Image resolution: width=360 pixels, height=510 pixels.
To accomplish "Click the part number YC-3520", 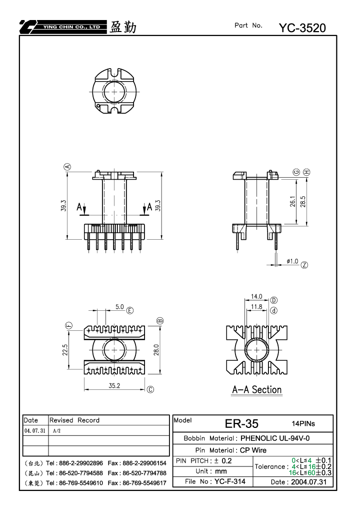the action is click(x=302, y=28).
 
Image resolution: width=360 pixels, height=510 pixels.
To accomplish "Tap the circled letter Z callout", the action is click(x=304, y=265).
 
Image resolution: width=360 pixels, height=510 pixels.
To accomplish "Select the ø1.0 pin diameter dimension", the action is click(x=292, y=261).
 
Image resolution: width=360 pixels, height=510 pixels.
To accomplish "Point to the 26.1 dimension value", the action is click(x=292, y=202).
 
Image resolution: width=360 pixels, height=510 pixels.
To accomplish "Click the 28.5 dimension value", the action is click(x=303, y=202).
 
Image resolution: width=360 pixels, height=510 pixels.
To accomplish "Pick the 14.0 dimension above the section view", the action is click(x=256, y=296).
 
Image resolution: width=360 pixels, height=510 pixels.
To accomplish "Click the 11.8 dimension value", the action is click(x=256, y=307).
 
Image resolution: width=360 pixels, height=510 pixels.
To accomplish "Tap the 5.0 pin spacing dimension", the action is click(x=119, y=307).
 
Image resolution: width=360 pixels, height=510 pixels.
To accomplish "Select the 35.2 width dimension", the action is click(x=114, y=386).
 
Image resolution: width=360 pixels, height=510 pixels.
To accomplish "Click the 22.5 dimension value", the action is click(x=65, y=350).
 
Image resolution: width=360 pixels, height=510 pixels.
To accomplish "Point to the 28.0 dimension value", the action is click(x=156, y=350).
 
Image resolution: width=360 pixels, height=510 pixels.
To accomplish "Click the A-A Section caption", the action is click(x=256, y=390).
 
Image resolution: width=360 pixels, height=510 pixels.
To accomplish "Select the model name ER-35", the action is click(x=241, y=424).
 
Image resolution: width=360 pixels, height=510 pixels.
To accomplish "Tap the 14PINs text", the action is click(x=303, y=423).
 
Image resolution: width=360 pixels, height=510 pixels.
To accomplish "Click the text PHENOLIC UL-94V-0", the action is click(x=275, y=438).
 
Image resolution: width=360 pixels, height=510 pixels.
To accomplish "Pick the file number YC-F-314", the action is click(x=229, y=481).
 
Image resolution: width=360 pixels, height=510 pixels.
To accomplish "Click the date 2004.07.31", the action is click(x=308, y=482).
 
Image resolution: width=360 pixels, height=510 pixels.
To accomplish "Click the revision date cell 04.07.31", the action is click(x=35, y=431).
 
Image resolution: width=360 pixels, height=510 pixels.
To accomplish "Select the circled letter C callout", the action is click(x=150, y=390).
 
